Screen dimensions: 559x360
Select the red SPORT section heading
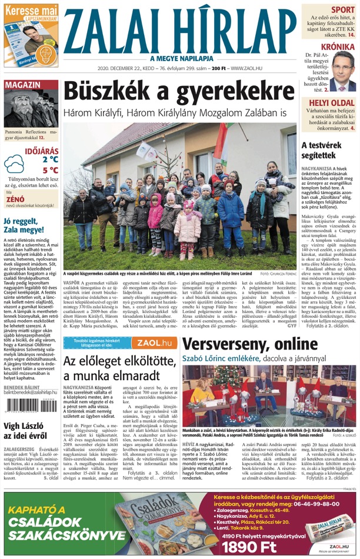pos(342,10)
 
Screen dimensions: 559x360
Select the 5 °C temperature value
pos(49,171)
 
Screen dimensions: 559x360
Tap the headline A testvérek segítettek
pos(321,149)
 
